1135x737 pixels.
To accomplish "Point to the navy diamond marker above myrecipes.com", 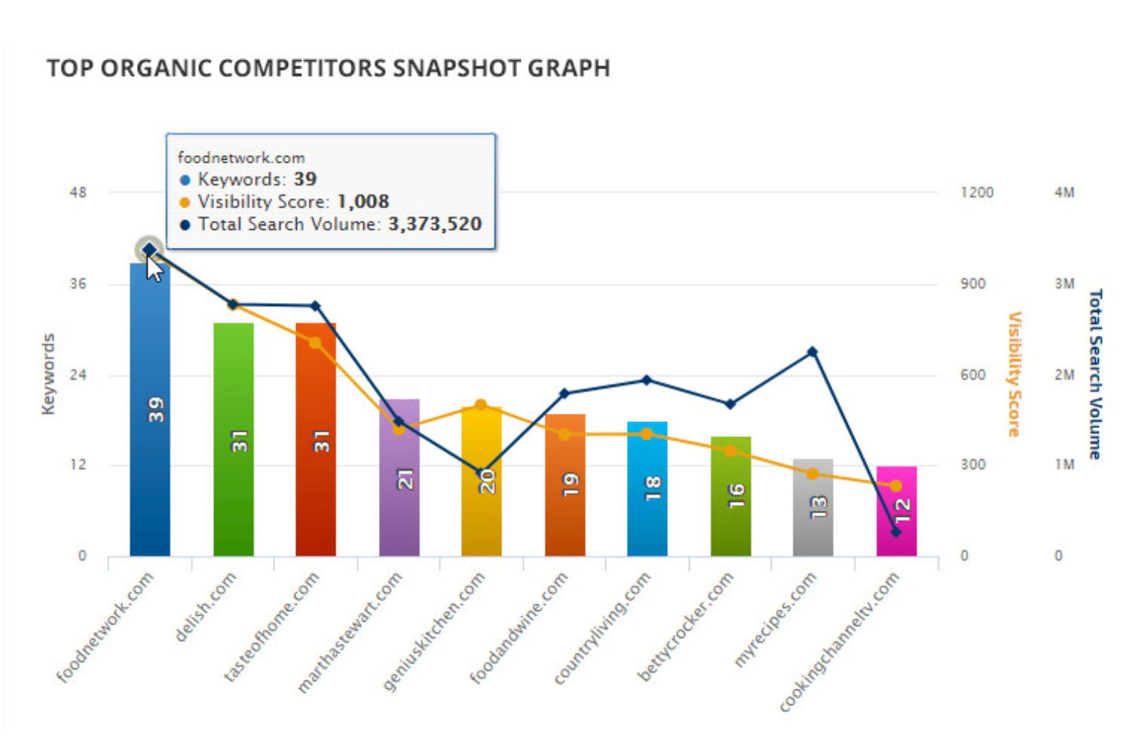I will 812,352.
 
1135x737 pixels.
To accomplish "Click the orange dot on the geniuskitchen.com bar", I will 481,405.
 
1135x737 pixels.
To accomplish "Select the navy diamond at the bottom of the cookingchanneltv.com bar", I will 896,532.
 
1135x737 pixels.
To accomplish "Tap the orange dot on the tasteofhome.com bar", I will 316,343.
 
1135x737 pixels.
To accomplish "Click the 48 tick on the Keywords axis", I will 78,193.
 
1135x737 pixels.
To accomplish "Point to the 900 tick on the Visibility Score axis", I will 972,284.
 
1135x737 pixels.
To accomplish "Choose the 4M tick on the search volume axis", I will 1064,193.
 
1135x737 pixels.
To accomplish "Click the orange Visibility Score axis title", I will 1015,375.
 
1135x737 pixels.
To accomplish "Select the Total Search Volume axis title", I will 1095,375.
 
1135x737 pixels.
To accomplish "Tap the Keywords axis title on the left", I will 48,375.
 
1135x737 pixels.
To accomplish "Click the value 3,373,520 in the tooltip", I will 435,225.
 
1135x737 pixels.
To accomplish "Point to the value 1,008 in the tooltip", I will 363,202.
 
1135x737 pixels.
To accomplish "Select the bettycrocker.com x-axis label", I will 685,627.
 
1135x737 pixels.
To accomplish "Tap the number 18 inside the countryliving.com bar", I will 653,488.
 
